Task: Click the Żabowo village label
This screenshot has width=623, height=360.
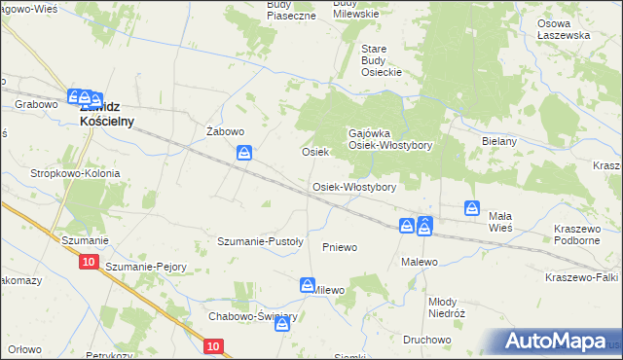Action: click(225, 131)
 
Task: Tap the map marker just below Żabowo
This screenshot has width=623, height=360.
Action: click(245, 153)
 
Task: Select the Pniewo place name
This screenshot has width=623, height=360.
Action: click(340, 247)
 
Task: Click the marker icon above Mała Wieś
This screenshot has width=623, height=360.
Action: click(471, 208)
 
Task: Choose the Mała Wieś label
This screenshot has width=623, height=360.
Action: click(499, 221)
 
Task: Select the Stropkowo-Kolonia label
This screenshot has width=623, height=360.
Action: click(75, 173)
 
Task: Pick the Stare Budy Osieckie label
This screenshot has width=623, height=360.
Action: click(382, 59)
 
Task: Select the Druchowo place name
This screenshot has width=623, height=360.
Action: click(425, 340)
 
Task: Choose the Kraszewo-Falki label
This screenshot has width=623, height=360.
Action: click(581, 277)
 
